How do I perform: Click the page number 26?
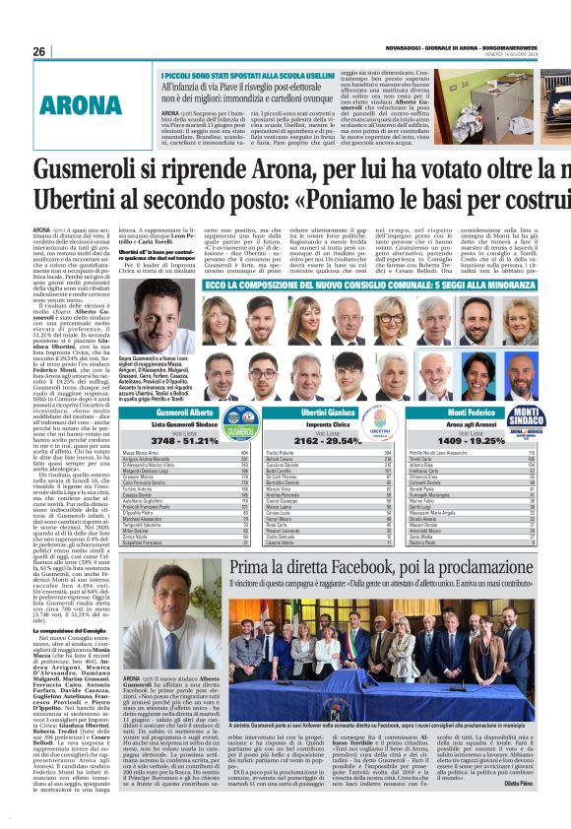coord(39,51)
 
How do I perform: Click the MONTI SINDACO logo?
coord(551,415)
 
